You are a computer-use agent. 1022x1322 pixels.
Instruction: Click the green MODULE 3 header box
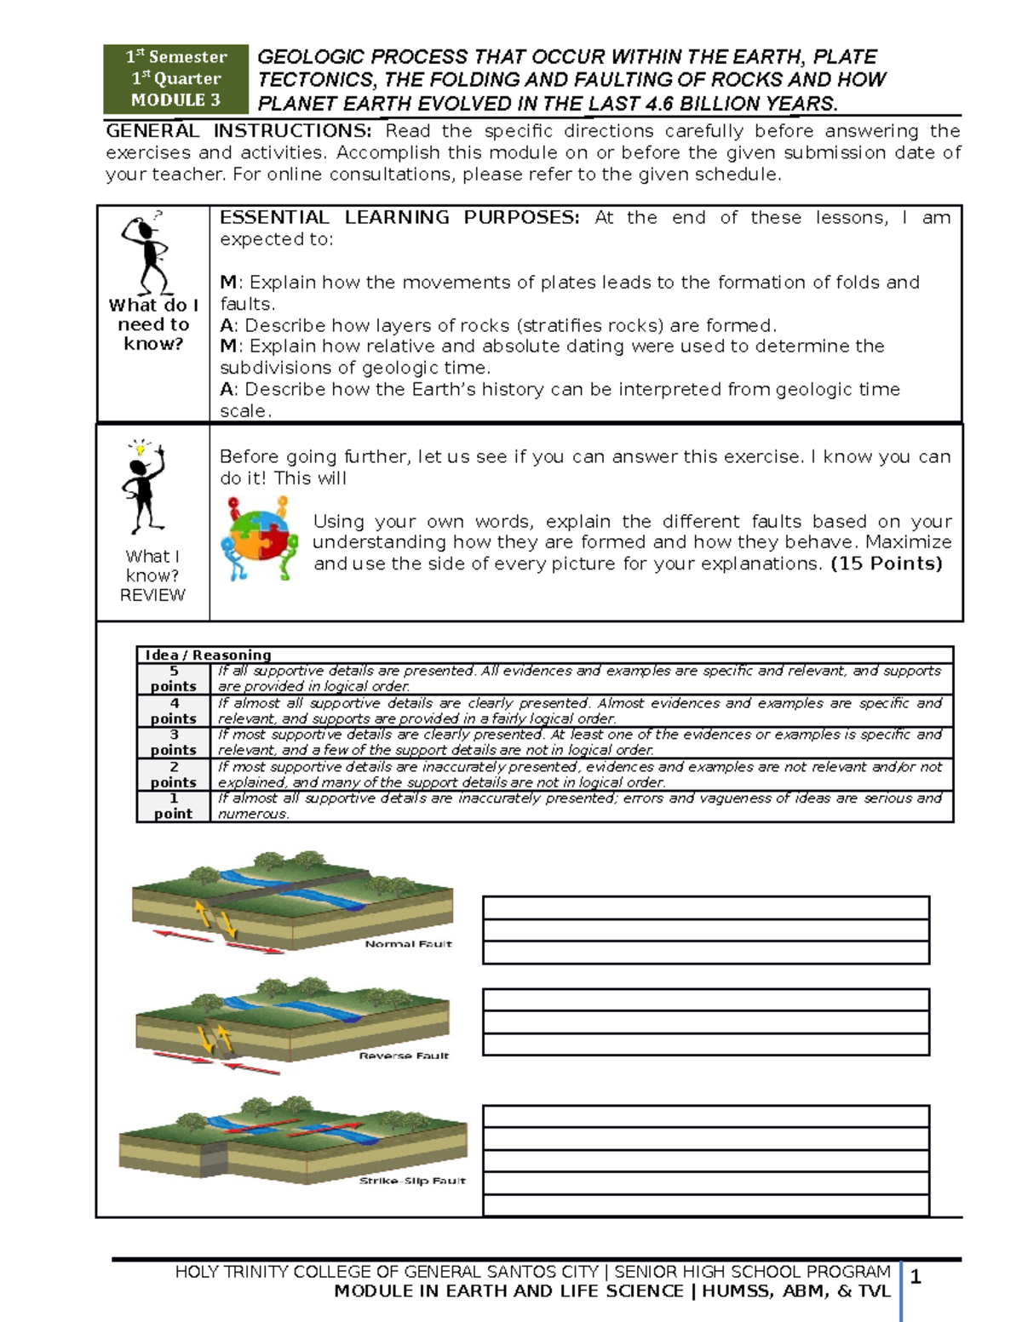coord(175,78)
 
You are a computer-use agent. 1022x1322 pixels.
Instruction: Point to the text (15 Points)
coord(887,564)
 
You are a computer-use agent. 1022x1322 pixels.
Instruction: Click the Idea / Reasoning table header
coord(208,655)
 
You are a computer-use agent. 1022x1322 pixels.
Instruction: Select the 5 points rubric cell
coord(174,678)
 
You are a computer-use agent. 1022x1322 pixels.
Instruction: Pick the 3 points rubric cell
coord(174,742)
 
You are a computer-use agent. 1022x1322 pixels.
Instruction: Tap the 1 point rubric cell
coord(174,806)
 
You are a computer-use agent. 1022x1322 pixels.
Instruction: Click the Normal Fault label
coord(408,944)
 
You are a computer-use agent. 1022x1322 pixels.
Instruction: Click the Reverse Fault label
coord(404,1056)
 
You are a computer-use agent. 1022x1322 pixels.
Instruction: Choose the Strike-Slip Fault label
coord(412,1181)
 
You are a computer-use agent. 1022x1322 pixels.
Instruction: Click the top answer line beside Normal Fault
coord(705,907)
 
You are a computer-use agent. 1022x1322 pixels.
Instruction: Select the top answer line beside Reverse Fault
coord(705,1000)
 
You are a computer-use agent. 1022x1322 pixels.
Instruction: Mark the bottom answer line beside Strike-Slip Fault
coord(705,1205)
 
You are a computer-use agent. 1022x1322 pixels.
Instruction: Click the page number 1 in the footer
coord(916,1277)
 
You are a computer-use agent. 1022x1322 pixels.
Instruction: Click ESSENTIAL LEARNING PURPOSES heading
coord(399,218)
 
